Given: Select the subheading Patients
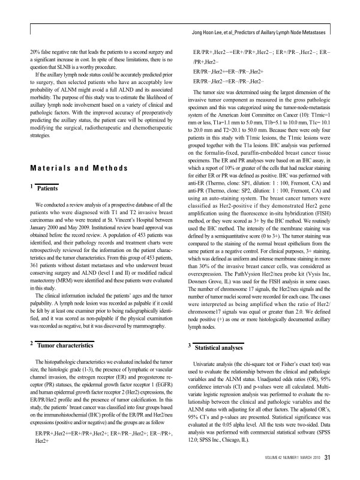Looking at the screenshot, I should pos(47,188).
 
